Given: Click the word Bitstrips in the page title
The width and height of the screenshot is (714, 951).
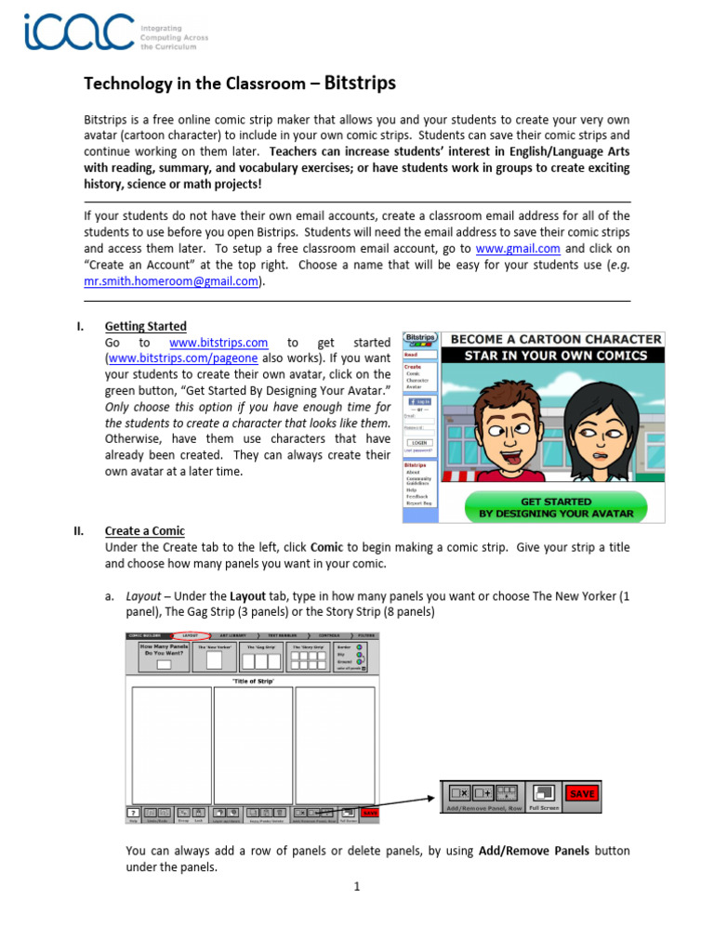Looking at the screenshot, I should click(360, 84).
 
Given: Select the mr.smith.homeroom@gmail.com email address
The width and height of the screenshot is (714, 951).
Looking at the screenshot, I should click(172, 282).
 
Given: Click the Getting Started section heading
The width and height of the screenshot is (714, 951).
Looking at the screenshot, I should click(145, 326).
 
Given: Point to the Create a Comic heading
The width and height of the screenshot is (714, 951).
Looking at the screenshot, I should click(144, 531).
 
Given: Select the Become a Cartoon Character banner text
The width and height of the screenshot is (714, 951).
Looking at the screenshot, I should click(552, 339).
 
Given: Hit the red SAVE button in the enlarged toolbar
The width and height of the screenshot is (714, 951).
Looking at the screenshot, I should click(582, 794).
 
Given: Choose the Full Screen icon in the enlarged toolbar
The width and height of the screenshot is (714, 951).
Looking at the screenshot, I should click(546, 794).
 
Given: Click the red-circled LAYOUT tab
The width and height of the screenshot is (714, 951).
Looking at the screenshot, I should click(190, 636).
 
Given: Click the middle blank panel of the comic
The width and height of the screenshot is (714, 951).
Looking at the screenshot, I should click(253, 743).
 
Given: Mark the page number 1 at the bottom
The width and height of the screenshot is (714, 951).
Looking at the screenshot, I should click(356, 887).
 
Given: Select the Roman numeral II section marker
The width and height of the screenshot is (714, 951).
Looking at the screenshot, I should click(79, 531).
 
